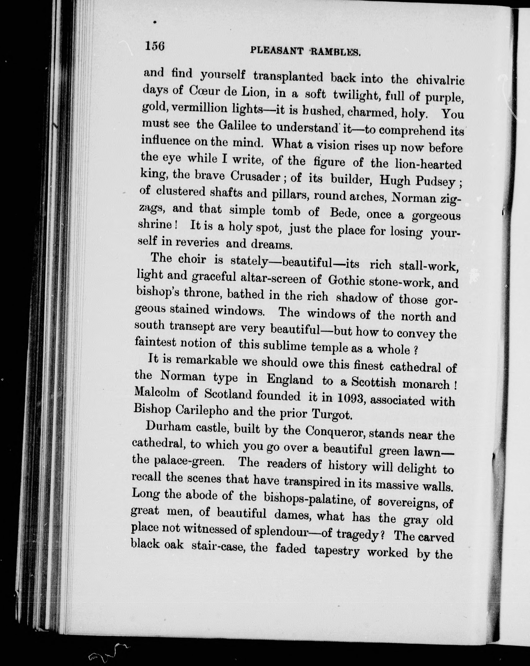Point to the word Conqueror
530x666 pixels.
(334, 432)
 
